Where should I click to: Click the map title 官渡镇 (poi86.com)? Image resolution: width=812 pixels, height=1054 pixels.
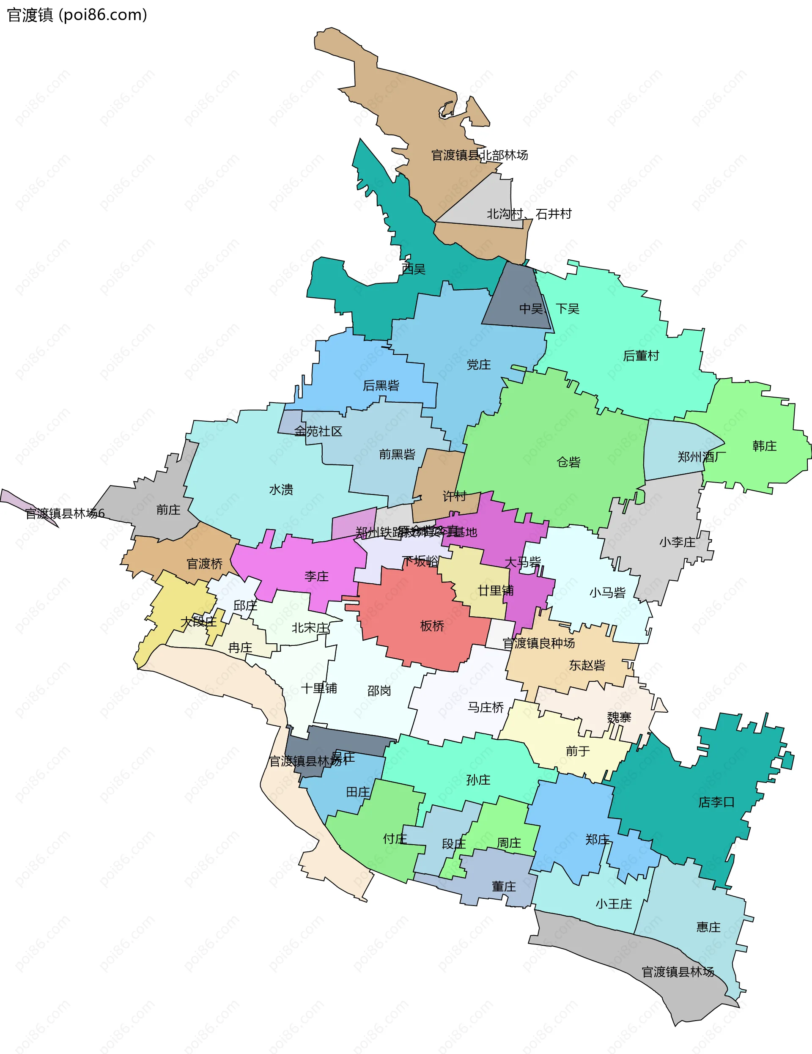point(77,15)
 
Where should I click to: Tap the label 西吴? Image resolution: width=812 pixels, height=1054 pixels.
point(414,269)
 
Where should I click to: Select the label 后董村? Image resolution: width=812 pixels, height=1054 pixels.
point(641,356)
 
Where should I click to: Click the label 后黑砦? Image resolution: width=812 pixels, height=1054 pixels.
point(381,386)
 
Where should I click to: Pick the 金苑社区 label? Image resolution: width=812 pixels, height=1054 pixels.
point(318,431)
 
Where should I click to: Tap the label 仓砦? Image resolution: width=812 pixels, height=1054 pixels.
point(568,462)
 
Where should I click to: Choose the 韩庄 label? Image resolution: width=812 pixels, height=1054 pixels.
point(764,446)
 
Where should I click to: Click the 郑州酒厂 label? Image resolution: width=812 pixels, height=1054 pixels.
point(701,456)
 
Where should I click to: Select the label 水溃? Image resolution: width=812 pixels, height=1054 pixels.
point(281,490)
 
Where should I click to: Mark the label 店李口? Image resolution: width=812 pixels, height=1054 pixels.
point(716,802)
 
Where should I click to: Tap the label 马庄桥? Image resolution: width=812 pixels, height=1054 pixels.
point(485,708)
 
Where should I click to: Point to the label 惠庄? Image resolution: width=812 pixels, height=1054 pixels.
point(708,927)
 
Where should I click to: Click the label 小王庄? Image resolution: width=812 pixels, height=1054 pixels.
point(613,904)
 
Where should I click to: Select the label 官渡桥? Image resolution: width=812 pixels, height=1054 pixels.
point(205,564)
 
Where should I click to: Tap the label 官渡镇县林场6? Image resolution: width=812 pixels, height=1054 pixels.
point(65,513)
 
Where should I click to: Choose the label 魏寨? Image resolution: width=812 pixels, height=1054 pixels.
point(619,717)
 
